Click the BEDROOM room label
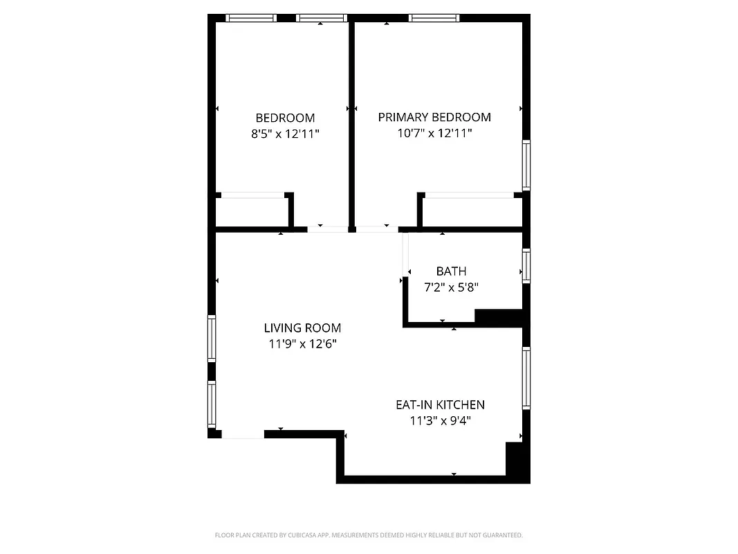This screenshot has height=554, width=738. pos(285,118)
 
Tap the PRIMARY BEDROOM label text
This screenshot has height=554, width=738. pos(434,118)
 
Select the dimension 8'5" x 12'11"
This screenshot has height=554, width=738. pos(285,134)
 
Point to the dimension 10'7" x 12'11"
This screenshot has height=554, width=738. pos(434,134)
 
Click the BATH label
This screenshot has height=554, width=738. pos(451,271)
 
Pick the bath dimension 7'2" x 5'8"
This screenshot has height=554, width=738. pos(451,287)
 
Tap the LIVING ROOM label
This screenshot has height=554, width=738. pos(302,328)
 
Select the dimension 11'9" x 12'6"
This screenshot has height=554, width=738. pos(302,343)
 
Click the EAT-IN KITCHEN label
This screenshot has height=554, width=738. pos(440,405)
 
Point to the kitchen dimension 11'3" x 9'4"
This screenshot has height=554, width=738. pos(440,420)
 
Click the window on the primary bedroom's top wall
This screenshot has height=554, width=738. pos(434,18)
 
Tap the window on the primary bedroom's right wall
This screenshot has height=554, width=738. pos(526,165)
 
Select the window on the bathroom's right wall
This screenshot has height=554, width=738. pos(526,266)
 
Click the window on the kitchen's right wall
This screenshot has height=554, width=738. pos(526,378)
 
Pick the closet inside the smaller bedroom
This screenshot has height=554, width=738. pos(252,213)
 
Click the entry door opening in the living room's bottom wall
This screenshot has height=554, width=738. pos(243,434)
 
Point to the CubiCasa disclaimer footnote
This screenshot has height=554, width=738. pos(369,535)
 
